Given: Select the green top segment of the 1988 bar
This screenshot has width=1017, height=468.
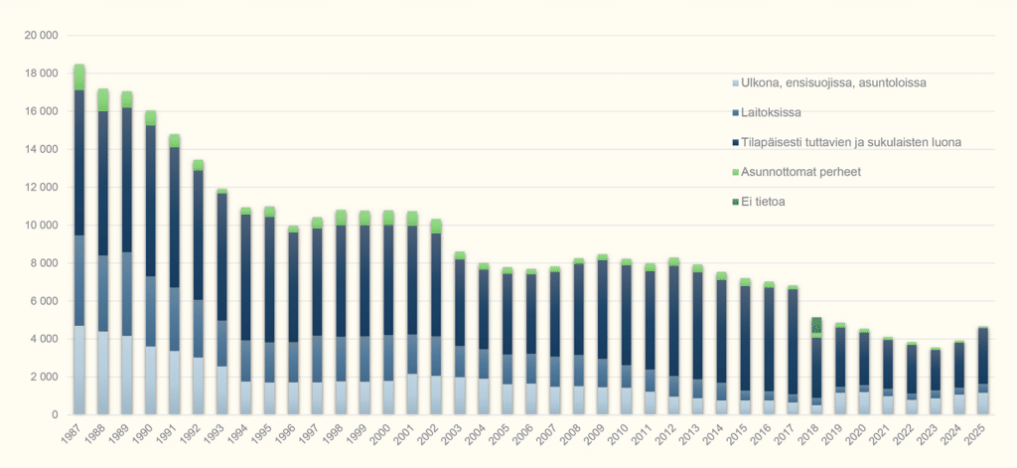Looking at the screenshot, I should [103, 99].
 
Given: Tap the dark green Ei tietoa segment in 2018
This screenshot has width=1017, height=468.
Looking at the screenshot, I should [816, 325].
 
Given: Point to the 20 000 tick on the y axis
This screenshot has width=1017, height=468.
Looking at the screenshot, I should [40, 36].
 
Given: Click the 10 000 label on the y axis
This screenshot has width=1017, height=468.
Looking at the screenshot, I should [40, 226].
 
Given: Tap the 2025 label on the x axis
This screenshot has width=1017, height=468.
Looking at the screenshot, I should [978, 439].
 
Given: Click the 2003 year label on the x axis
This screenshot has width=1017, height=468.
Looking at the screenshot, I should [455, 439].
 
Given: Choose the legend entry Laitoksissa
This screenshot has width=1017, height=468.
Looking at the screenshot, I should [771, 112].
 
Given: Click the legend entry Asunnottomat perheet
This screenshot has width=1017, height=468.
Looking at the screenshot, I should [800, 172].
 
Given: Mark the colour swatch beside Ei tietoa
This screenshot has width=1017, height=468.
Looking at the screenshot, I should [735, 202].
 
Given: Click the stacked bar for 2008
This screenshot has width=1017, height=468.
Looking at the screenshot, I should [579, 338].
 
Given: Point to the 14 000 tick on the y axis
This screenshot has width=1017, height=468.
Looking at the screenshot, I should [40, 149].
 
